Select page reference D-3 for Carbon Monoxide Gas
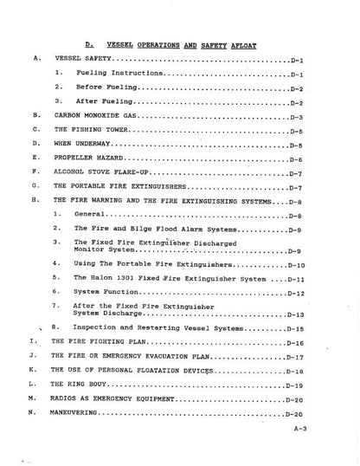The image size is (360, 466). [x=295, y=116]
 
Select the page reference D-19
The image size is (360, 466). [x=294, y=384]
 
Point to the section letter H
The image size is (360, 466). [x=31, y=199]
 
